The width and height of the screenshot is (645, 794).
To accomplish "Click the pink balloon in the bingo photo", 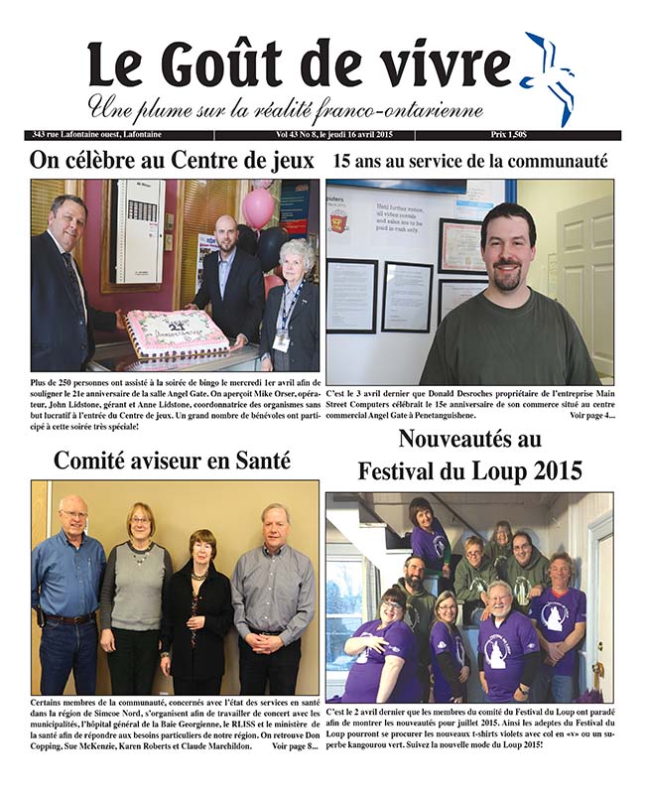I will tap(258, 208).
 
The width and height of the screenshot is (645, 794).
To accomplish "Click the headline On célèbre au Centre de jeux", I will tap(172, 160).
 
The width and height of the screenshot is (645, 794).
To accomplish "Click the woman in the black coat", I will tap(196, 615).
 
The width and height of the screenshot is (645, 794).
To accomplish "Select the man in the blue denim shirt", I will tap(66, 595).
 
